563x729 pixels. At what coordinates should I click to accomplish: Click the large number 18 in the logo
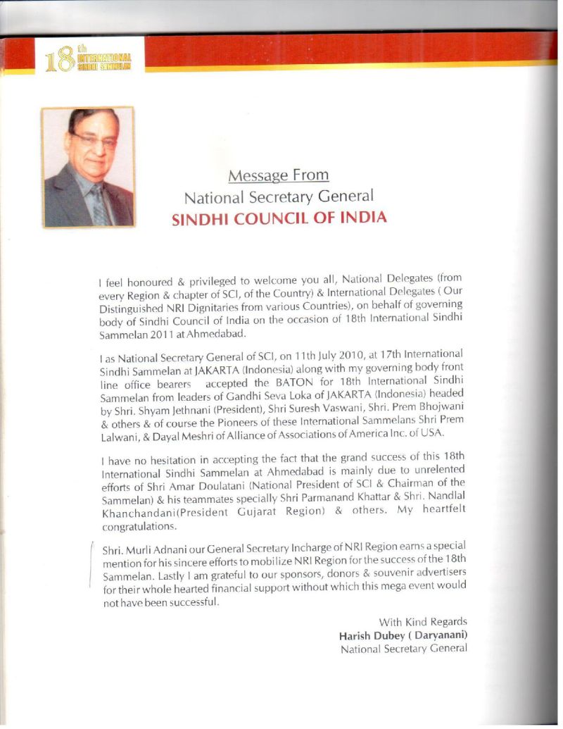click(58, 62)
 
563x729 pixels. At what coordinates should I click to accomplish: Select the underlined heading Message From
click(279, 174)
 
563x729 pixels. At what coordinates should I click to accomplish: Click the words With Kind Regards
click(423, 622)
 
